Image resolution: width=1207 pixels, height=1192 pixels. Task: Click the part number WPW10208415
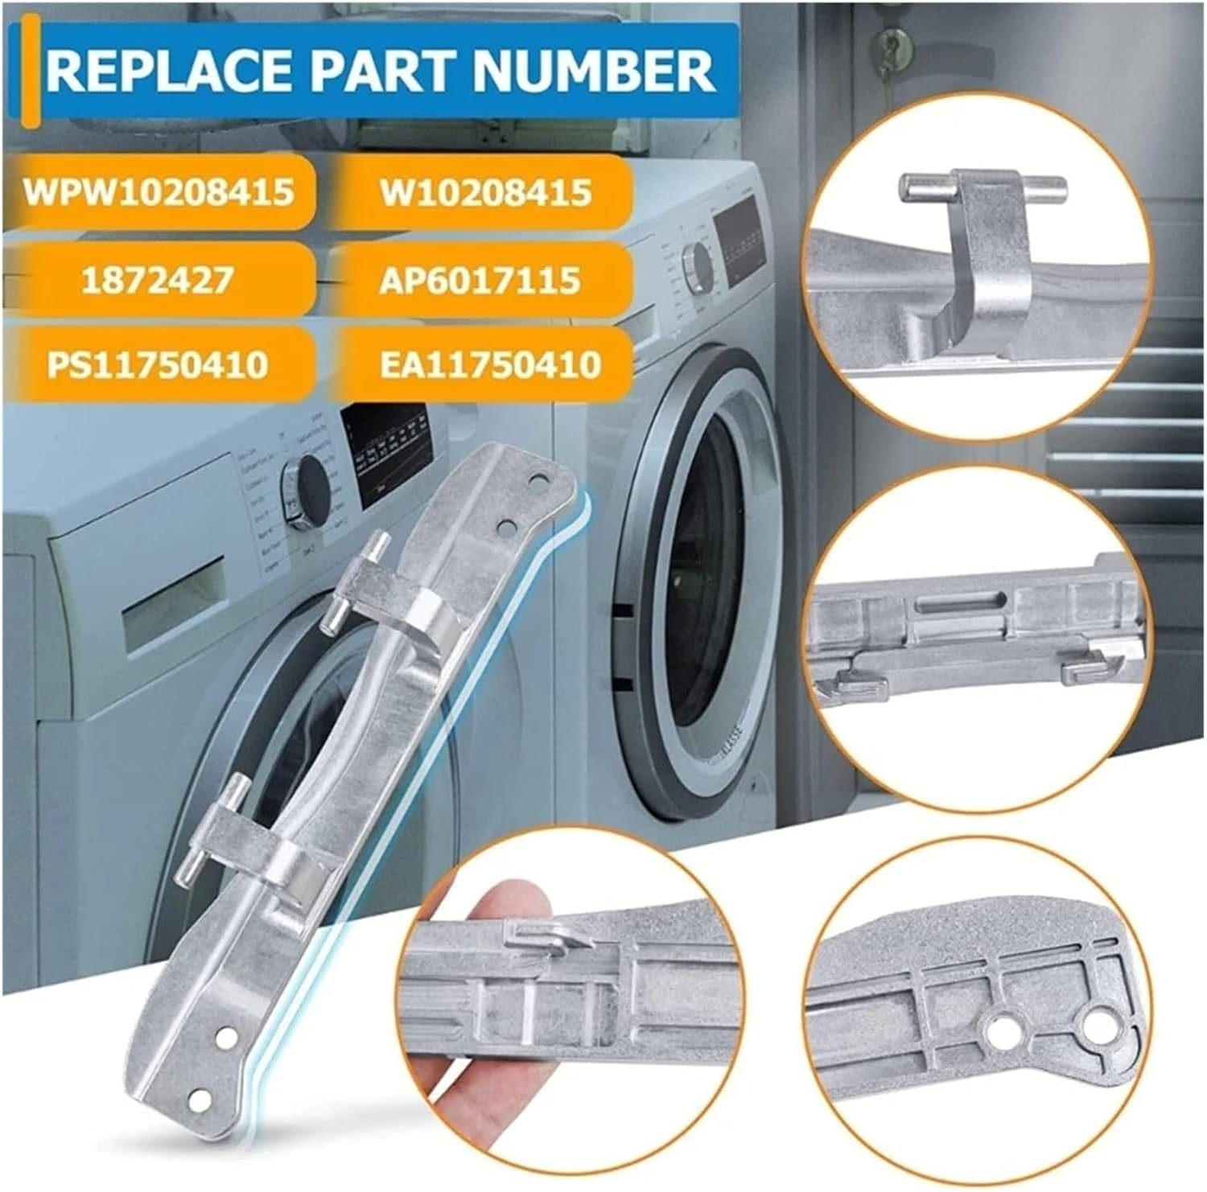[x=159, y=192]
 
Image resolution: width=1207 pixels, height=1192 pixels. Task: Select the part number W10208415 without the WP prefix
[x=486, y=193]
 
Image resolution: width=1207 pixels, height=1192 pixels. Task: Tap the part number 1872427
[x=158, y=279]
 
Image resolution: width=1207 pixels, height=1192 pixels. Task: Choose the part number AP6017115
[x=480, y=280]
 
